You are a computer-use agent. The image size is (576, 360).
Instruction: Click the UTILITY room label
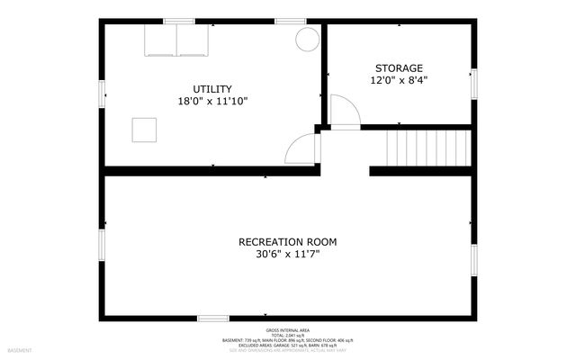(x=212, y=89)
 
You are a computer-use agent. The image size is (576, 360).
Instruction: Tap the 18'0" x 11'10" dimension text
(x=212, y=102)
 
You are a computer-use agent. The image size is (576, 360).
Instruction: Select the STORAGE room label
(x=398, y=67)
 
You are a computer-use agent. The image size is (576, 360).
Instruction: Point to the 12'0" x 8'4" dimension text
(x=398, y=80)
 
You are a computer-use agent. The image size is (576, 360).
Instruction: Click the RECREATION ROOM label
(x=287, y=241)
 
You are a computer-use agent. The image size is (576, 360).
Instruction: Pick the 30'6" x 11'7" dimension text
(x=287, y=255)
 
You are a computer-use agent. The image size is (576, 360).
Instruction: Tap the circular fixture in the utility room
(x=307, y=39)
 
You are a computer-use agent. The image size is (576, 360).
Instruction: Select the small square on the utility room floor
(x=144, y=130)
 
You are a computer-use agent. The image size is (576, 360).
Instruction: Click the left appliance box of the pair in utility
(x=161, y=40)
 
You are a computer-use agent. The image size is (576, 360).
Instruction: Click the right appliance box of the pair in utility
(x=193, y=40)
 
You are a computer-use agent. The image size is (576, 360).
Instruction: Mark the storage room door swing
(x=345, y=111)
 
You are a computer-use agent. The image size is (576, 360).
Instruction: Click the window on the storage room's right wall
(x=473, y=83)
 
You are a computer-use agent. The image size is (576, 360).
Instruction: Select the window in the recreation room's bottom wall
(x=213, y=318)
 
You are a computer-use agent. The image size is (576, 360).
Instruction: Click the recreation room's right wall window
(x=473, y=257)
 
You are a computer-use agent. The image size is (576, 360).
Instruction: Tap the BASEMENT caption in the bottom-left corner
(x=20, y=350)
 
